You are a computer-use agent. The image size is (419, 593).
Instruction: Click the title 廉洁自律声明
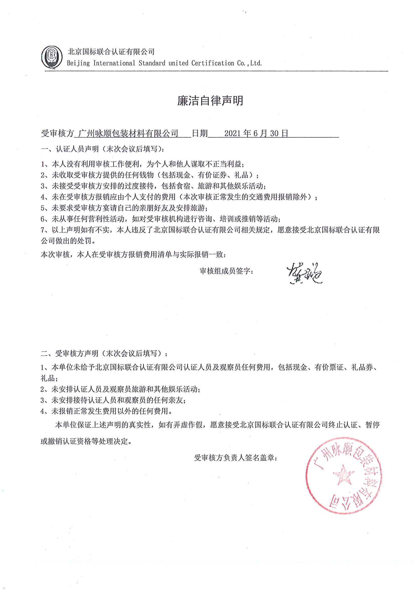[210, 101]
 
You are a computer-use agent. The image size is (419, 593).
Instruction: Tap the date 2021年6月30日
[256, 133]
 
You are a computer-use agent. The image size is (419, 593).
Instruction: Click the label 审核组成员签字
[226, 271]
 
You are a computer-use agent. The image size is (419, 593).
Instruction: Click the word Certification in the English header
[213, 63]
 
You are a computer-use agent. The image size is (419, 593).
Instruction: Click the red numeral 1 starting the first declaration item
[43, 164]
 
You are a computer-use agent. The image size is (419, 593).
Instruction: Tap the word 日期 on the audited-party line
[200, 133]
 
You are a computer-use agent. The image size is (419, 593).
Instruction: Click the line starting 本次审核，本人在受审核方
[133, 255]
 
